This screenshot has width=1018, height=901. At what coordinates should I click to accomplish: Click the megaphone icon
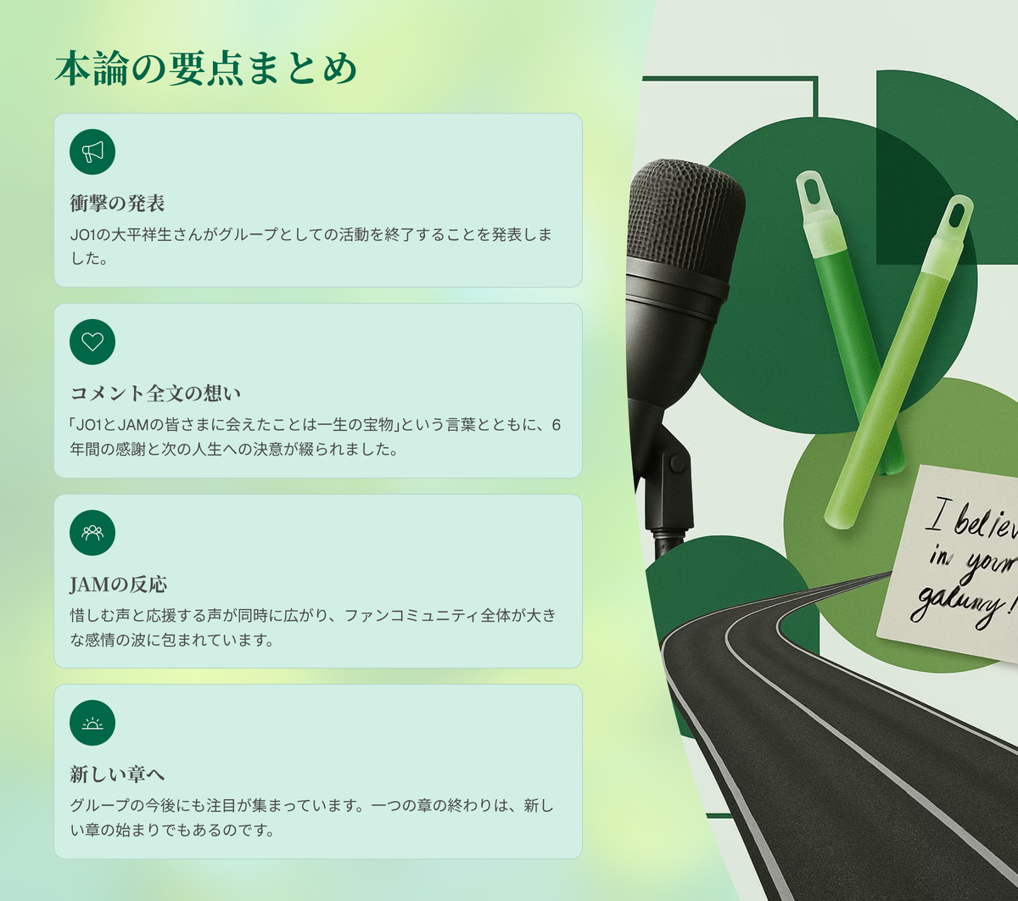92,152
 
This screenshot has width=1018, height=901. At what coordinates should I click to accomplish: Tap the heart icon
92,342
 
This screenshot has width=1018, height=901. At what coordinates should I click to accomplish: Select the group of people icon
92,533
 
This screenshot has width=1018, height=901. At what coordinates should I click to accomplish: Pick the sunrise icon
92,723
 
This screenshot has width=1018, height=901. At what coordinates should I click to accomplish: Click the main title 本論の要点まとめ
206,69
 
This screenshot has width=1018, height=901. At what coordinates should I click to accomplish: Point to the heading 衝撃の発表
118,203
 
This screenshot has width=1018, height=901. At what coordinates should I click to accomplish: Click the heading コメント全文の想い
155,393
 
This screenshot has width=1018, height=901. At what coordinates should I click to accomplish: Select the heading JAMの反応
119,584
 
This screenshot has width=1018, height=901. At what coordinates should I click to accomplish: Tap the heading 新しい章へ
117,774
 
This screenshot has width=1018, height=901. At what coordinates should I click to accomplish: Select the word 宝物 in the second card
378,425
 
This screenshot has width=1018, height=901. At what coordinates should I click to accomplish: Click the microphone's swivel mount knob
677,463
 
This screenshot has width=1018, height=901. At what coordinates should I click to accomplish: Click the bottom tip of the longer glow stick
839,523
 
